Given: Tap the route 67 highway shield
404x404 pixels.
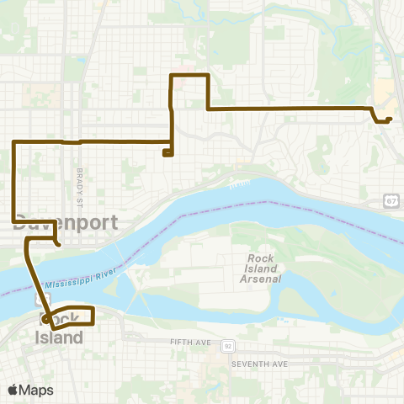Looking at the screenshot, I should (x=392, y=199).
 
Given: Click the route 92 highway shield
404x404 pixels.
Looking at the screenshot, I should (x=227, y=346).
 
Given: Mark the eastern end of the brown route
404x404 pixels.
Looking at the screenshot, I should (x=391, y=119).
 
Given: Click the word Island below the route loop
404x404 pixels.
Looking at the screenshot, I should (x=59, y=338).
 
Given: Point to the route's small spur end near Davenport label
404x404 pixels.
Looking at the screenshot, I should (x=57, y=244).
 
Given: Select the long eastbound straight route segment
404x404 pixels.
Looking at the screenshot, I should (x=286, y=109).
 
